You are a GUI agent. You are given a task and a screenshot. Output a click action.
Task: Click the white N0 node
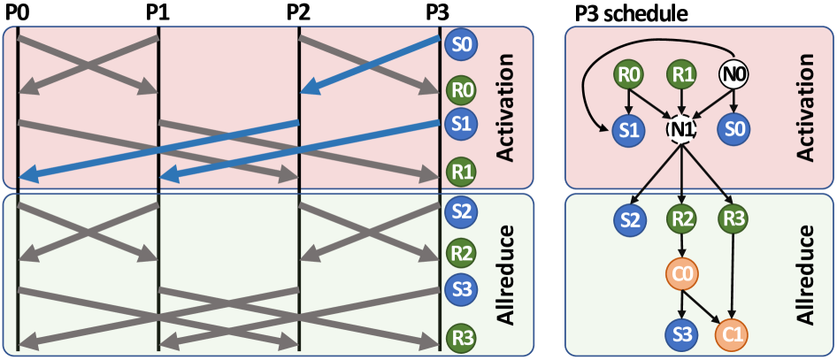(x=733, y=74)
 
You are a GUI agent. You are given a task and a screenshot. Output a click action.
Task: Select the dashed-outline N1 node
(x=681, y=129)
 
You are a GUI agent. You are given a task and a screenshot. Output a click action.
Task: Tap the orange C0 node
(x=681, y=274)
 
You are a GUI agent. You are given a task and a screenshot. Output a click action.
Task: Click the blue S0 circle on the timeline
(x=461, y=43)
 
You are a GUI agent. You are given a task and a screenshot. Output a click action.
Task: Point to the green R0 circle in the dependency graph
(x=629, y=74)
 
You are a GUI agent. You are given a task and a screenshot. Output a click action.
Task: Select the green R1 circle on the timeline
(x=461, y=171)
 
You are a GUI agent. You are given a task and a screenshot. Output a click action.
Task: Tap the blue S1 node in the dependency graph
(x=629, y=129)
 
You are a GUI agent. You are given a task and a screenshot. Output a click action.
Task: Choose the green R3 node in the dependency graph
(x=733, y=218)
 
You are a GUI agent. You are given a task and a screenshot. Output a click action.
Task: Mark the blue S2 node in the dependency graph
(x=629, y=218)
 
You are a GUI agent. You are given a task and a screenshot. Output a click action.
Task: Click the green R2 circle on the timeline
(x=461, y=252)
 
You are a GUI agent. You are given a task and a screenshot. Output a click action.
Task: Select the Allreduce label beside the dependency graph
(x=804, y=274)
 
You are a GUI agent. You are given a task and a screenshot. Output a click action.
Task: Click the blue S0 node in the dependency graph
(x=733, y=129)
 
